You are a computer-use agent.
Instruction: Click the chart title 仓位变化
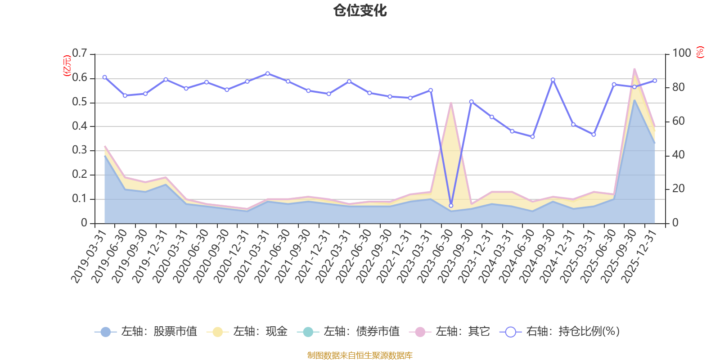point(360,11)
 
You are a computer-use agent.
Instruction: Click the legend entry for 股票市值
point(146,331)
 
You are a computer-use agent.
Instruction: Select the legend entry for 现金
point(247,331)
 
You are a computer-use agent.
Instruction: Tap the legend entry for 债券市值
point(348,331)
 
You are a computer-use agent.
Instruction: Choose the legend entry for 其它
point(450,331)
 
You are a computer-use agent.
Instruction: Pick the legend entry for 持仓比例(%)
point(560,331)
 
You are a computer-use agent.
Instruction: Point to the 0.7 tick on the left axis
point(80,53)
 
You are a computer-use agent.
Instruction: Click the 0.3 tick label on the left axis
point(80,150)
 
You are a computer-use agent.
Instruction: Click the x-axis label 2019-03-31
point(88,256)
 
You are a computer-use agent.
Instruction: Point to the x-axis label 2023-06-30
point(435,256)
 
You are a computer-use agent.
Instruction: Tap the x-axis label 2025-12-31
point(639,256)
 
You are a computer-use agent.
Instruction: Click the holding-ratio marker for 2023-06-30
point(450,206)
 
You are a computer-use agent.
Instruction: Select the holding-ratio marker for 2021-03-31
point(267,74)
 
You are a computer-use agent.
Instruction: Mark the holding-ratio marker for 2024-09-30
point(553,80)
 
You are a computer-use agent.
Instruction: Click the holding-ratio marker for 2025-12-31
point(655,81)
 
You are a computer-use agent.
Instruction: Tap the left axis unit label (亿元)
point(67,66)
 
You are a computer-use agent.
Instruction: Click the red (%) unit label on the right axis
point(700,52)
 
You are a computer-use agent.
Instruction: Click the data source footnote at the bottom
point(360,355)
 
